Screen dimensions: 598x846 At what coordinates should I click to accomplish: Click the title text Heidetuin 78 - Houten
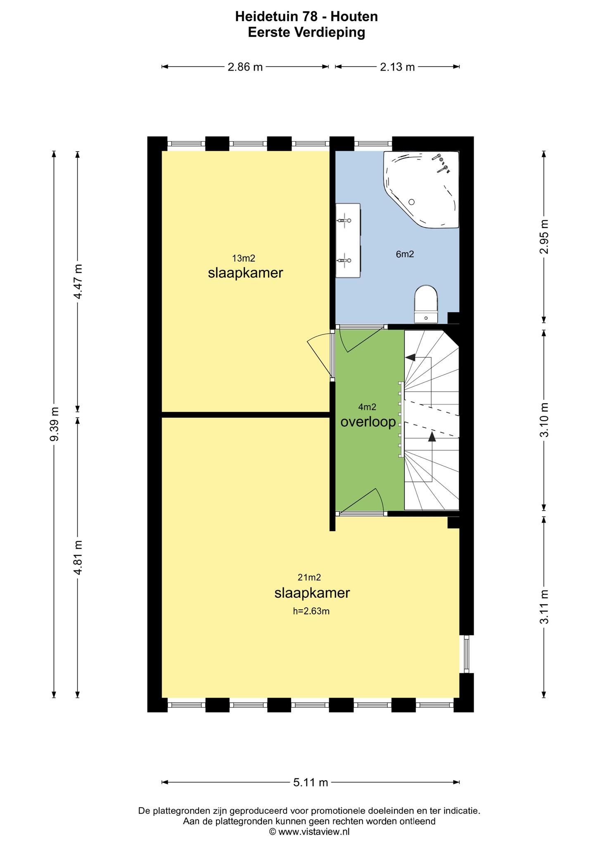pos(306,17)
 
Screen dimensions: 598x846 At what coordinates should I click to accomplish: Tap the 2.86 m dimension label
pos(245,67)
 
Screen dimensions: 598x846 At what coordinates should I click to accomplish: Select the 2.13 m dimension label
pos(397,67)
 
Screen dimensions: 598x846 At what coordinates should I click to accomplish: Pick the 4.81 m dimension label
pos(78,557)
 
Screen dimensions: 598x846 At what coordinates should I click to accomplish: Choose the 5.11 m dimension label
pos(311,782)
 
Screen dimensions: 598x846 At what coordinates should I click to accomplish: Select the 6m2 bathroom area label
pos(405,254)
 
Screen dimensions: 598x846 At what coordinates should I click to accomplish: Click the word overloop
pos(368,422)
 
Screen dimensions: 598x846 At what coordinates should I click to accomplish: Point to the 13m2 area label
pos(244,259)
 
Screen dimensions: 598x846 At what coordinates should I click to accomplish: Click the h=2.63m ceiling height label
pos(311,611)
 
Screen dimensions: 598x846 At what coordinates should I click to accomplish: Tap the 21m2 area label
pos(309,577)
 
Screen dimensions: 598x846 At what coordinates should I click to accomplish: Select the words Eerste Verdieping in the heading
pos(306,33)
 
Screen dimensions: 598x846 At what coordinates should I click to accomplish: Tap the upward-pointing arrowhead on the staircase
pos(432,437)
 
